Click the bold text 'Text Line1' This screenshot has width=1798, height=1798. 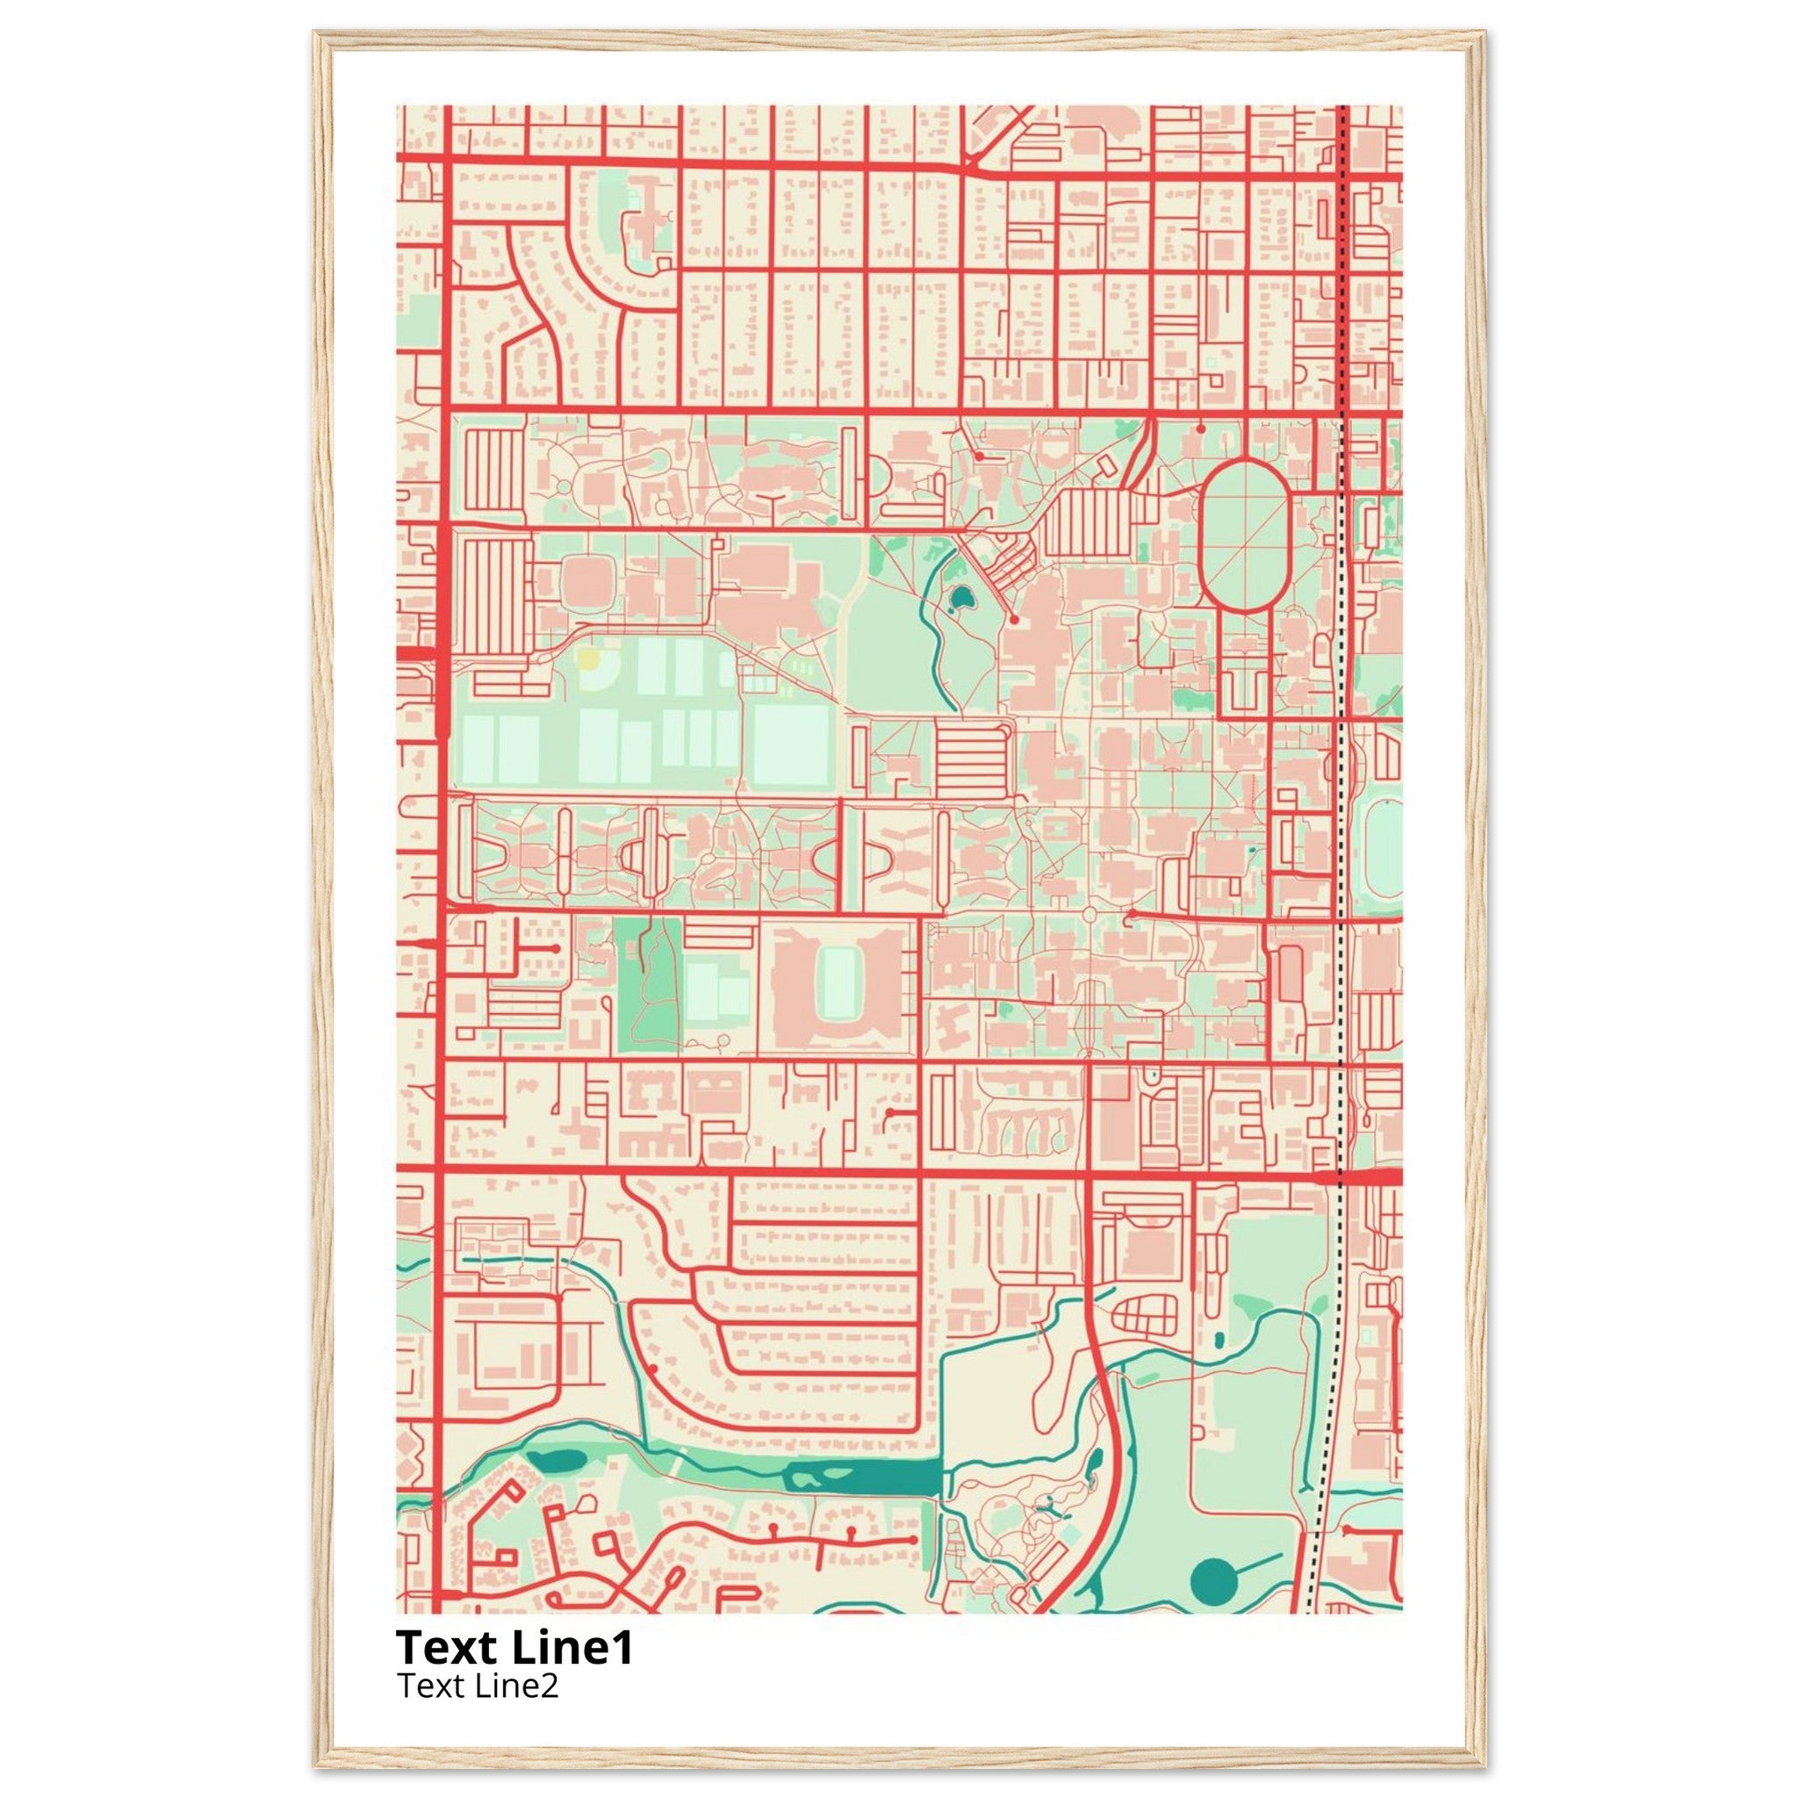(514, 1647)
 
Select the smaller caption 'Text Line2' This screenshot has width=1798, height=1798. (478, 1686)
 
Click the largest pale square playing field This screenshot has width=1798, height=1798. (791, 744)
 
